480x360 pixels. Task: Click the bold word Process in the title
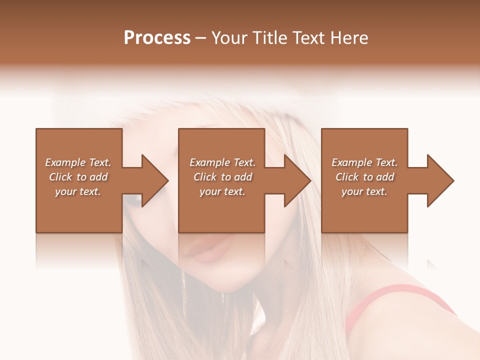click(157, 38)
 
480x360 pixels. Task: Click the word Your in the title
click(229, 38)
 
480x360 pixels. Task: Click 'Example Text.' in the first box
click(78, 162)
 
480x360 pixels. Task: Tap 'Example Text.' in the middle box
click(222, 162)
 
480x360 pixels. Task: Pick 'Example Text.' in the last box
click(364, 162)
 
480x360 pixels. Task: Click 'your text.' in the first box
click(78, 191)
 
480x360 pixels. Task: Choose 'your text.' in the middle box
click(222, 191)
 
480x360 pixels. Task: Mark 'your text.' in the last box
click(364, 191)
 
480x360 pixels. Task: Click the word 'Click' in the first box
click(61, 177)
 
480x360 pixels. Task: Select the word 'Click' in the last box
click(347, 177)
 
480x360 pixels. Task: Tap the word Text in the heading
click(307, 38)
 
